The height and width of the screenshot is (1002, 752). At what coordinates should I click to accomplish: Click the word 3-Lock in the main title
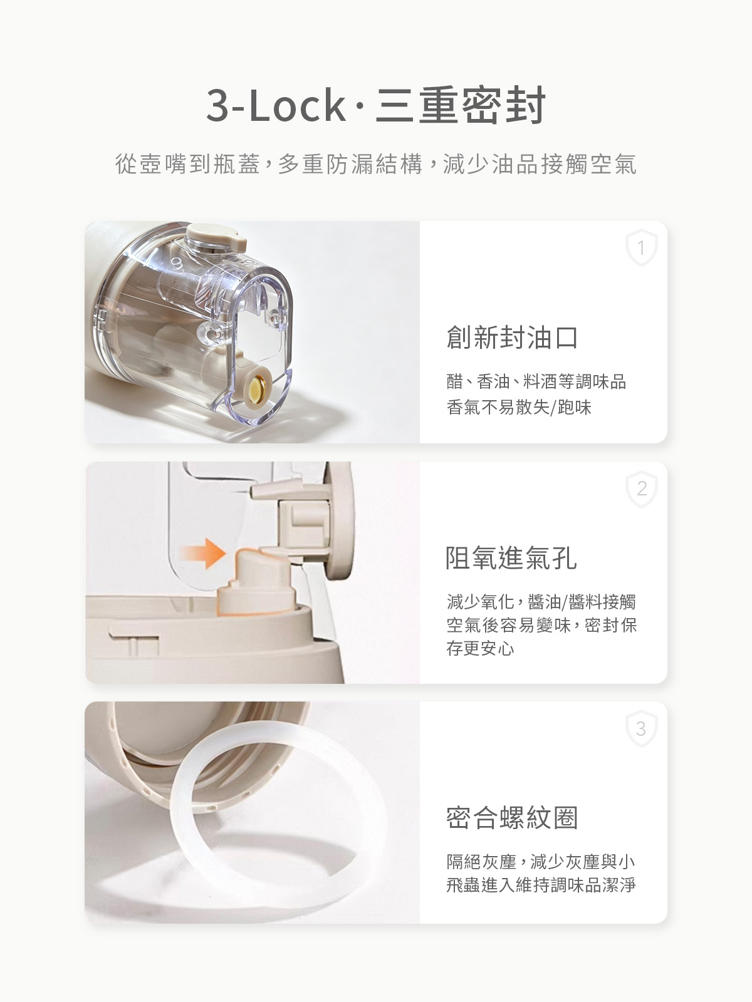(276, 105)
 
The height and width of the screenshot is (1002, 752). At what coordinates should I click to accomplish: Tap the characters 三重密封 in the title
(460, 105)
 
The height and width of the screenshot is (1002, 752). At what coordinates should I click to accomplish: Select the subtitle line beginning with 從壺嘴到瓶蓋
(376, 164)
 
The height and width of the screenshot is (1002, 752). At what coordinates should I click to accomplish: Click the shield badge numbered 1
(642, 248)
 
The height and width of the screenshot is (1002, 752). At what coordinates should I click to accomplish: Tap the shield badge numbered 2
(642, 489)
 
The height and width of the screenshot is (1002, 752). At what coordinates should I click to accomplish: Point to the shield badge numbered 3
(642, 728)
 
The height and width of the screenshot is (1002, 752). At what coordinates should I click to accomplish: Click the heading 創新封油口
(512, 338)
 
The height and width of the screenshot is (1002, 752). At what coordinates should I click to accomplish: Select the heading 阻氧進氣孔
(511, 558)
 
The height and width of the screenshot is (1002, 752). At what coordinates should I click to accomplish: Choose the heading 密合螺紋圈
(512, 817)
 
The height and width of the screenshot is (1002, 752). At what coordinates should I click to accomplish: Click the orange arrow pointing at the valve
(202, 554)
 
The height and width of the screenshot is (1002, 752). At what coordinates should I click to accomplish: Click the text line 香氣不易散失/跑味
(519, 406)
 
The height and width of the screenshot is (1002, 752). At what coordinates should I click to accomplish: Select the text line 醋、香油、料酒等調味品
(536, 381)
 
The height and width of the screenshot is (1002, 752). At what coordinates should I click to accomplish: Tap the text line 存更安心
(480, 648)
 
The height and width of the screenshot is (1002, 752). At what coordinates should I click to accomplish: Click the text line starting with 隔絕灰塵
(541, 861)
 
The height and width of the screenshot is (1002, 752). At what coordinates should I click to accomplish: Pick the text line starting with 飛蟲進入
(541, 885)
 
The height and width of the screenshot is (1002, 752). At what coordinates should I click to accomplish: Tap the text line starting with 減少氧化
(541, 601)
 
